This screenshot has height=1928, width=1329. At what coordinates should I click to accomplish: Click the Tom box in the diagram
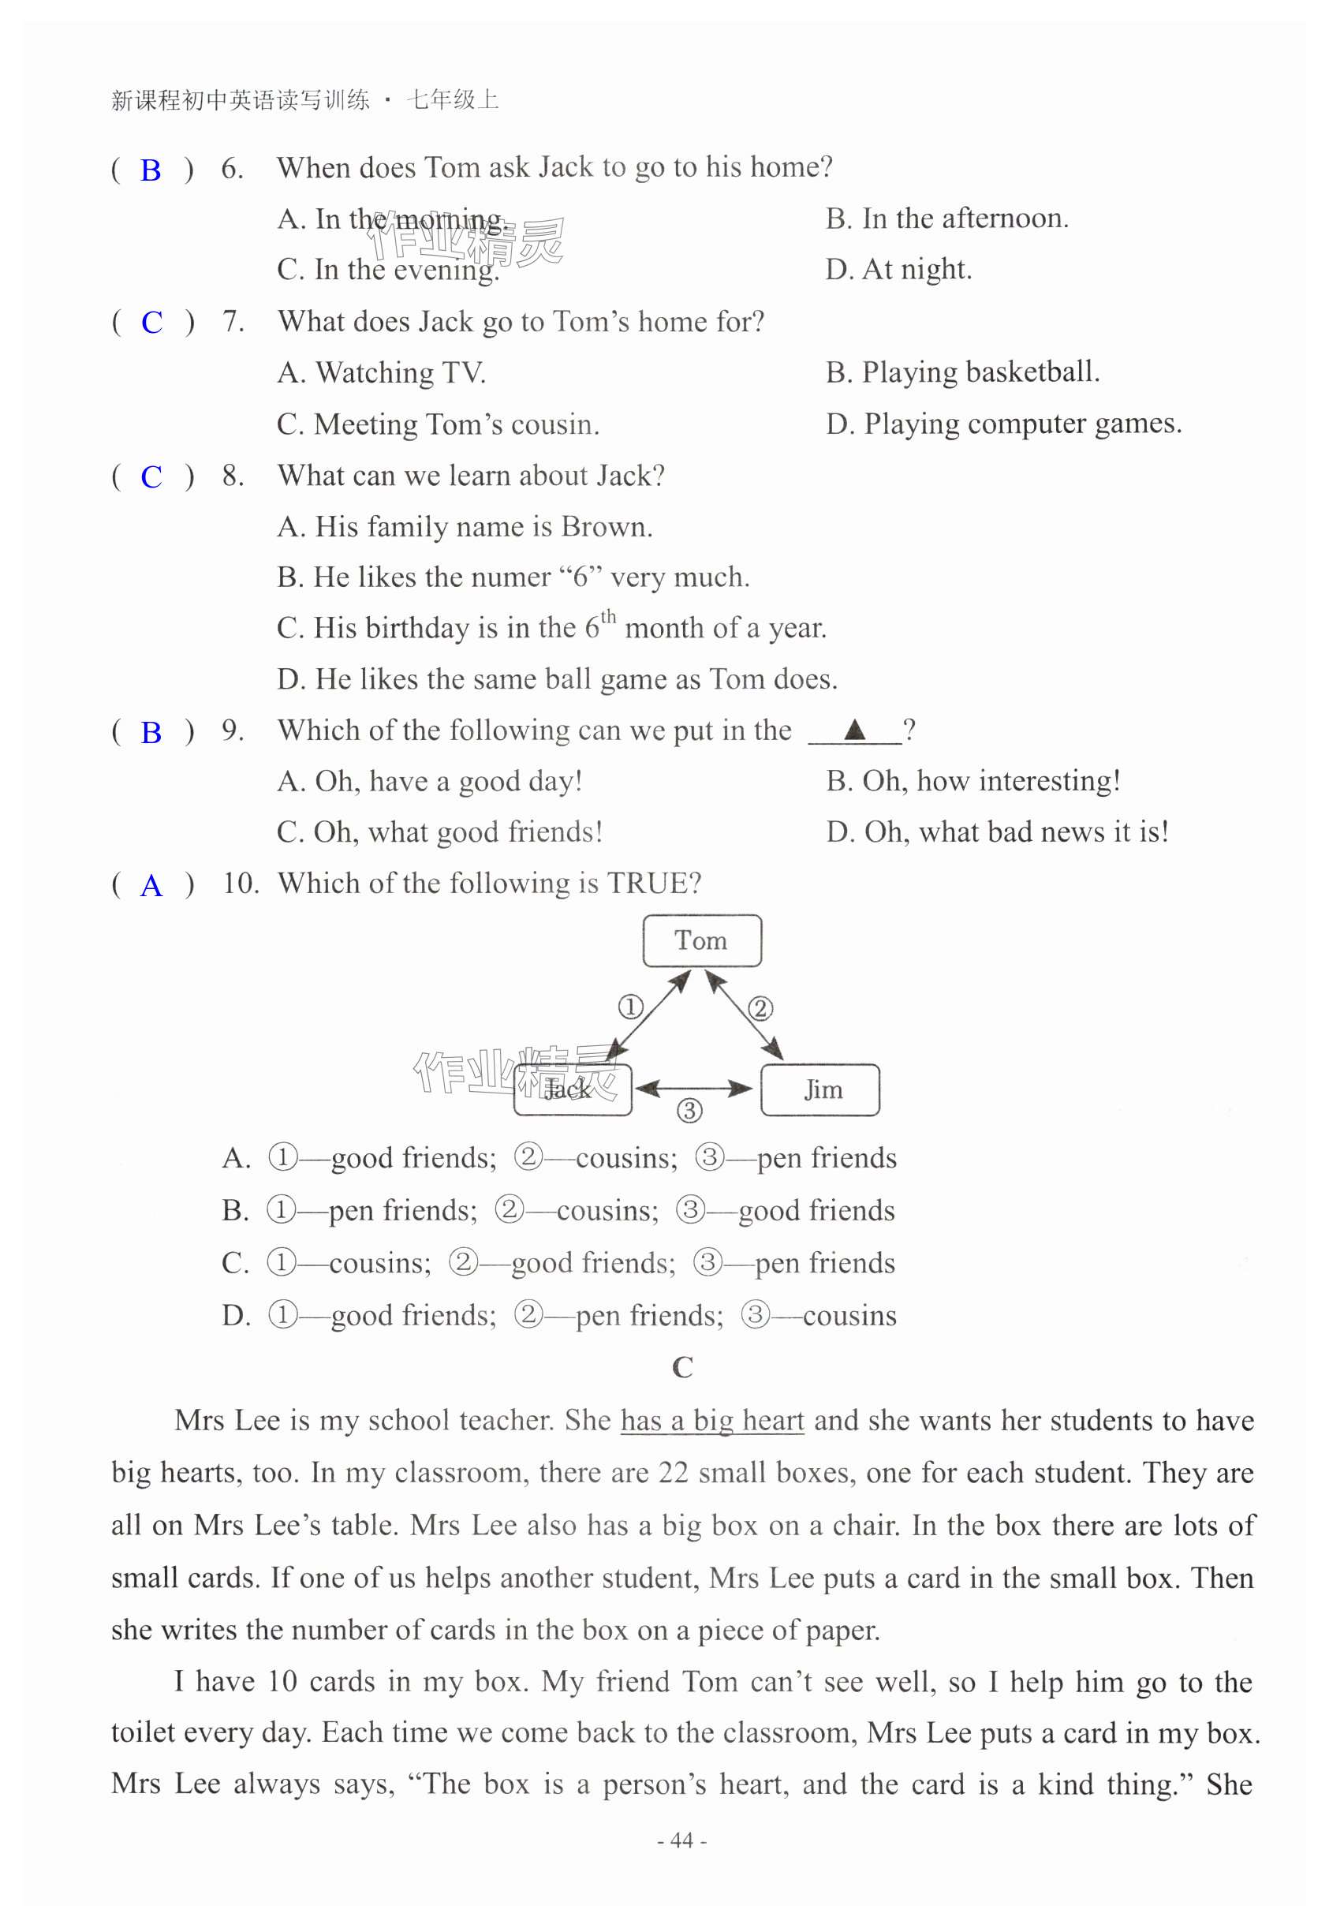point(701,940)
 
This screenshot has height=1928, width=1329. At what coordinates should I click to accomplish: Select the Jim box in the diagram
point(821,1089)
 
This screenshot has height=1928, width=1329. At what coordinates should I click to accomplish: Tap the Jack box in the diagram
point(572,1089)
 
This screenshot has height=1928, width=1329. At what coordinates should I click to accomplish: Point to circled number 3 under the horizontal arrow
point(689,1110)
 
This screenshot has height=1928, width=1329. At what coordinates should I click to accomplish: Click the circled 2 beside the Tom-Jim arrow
point(760,1008)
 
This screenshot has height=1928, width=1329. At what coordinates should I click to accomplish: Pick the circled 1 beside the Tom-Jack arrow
point(630,1007)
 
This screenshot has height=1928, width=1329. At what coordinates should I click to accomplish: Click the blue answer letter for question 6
point(151,170)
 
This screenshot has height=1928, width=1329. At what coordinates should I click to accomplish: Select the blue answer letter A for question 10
point(151,885)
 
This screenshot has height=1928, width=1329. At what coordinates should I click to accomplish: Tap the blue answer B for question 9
point(151,733)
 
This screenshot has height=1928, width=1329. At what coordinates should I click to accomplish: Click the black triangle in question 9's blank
point(854,730)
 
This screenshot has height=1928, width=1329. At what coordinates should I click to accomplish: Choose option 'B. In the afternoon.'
point(946,219)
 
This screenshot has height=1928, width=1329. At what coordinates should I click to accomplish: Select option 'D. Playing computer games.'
point(1003,424)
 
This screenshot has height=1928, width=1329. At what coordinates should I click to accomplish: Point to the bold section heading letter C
point(682,1366)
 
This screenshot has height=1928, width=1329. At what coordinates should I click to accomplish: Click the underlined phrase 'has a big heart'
point(712,1421)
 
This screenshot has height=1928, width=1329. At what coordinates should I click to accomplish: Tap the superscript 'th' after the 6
point(609,616)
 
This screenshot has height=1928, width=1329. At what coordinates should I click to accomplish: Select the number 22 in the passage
point(673,1473)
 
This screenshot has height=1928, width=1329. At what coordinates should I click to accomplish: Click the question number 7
point(233,322)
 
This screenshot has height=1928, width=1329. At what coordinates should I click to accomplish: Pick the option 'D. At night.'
point(898,269)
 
